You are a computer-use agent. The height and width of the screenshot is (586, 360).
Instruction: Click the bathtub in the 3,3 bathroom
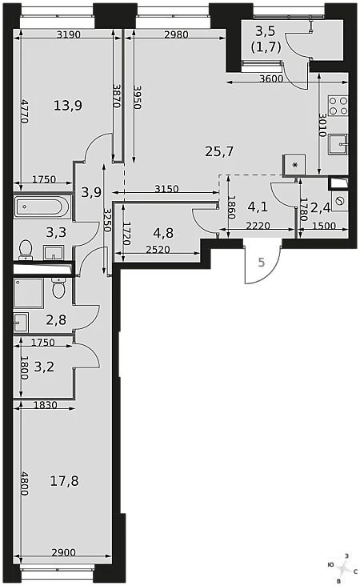coord(42,207)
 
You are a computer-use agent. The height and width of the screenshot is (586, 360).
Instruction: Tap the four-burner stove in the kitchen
coord(338,106)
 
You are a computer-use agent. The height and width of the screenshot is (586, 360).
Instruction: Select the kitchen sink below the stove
coord(338,144)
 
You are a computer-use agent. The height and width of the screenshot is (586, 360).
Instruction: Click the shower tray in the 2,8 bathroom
coord(29,293)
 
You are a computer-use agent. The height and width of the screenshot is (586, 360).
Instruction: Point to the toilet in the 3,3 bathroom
coord(26,249)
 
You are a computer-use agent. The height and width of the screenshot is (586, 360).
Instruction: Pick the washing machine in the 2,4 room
coord(340,202)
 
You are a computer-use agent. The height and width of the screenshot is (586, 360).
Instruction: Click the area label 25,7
coord(219,151)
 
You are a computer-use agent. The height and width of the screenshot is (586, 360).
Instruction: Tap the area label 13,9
coord(67,106)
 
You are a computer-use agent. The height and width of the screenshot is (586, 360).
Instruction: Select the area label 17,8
coord(64,481)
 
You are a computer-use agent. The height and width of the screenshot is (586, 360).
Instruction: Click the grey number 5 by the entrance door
coord(262,263)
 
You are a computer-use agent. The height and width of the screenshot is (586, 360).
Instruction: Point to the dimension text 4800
coord(24,484)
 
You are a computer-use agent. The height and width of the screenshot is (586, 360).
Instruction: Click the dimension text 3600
coord(270,78)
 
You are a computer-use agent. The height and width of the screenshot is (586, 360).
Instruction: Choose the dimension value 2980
coord(176,34)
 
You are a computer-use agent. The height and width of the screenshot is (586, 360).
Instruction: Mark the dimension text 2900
coord(63,552)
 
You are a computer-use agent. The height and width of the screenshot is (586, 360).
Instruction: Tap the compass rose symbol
coord(342,569)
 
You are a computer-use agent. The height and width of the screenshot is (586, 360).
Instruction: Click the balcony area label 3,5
coord(265,31)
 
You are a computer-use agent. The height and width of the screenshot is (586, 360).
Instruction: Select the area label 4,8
coord(163,233)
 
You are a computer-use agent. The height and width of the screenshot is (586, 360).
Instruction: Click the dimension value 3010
coord(323,125)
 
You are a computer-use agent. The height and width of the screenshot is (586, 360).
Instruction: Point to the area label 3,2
coord(44,367)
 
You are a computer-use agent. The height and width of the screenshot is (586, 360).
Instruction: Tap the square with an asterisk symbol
coord(295,165)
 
